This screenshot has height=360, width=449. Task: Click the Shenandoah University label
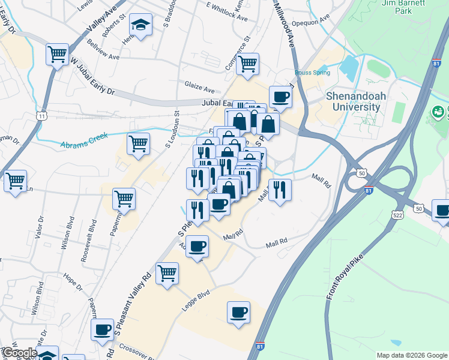click(353, 101)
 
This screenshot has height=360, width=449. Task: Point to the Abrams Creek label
click(83, 140)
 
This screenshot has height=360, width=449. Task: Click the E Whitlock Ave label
click(226, 12)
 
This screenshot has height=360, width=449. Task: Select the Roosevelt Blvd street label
click(89, 240)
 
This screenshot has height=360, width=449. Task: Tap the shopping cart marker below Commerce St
click(247, 64)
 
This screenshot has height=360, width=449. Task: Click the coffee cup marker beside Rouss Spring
click(280, 97)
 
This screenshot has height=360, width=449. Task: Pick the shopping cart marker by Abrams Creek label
click(138, 144)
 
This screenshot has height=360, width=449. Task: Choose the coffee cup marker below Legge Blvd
click(238, 312)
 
